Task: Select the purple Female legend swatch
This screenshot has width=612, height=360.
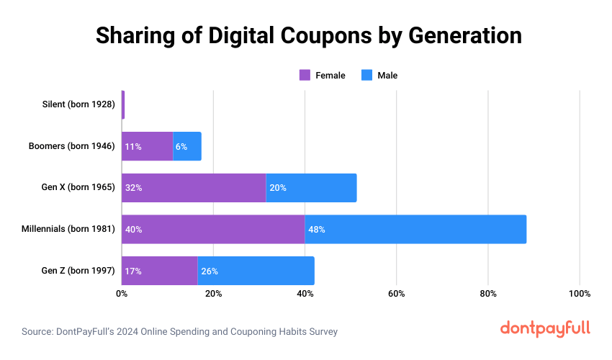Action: (305, 75)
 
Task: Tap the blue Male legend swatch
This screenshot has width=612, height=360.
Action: (366, 75)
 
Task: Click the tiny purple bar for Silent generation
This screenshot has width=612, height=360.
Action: (123, 105)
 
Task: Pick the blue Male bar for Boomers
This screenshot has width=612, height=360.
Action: (187, 146)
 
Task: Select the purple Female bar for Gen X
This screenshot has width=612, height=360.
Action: (194, 188)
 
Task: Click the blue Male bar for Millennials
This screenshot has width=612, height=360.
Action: (415, 230)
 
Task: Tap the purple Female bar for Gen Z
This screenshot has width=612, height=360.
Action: (159, 271)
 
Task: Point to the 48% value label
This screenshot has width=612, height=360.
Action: (317, 230)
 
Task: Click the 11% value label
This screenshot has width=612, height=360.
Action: (133, 146)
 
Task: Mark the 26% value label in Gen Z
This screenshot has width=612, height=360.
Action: (210, 271)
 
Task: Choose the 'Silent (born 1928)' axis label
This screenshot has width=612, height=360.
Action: (78, 105)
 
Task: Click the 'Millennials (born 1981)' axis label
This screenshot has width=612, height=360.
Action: (69, 230)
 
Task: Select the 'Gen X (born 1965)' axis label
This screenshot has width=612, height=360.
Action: (78, 188)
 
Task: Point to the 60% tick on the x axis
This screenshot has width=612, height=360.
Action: (396, 294)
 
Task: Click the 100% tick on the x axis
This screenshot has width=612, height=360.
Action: (579, 294)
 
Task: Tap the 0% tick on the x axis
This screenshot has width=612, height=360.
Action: (122, 294)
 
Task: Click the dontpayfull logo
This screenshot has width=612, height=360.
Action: (545, 328)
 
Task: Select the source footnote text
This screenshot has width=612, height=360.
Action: (179, 332)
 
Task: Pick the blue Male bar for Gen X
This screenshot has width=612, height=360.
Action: (311, 188)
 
